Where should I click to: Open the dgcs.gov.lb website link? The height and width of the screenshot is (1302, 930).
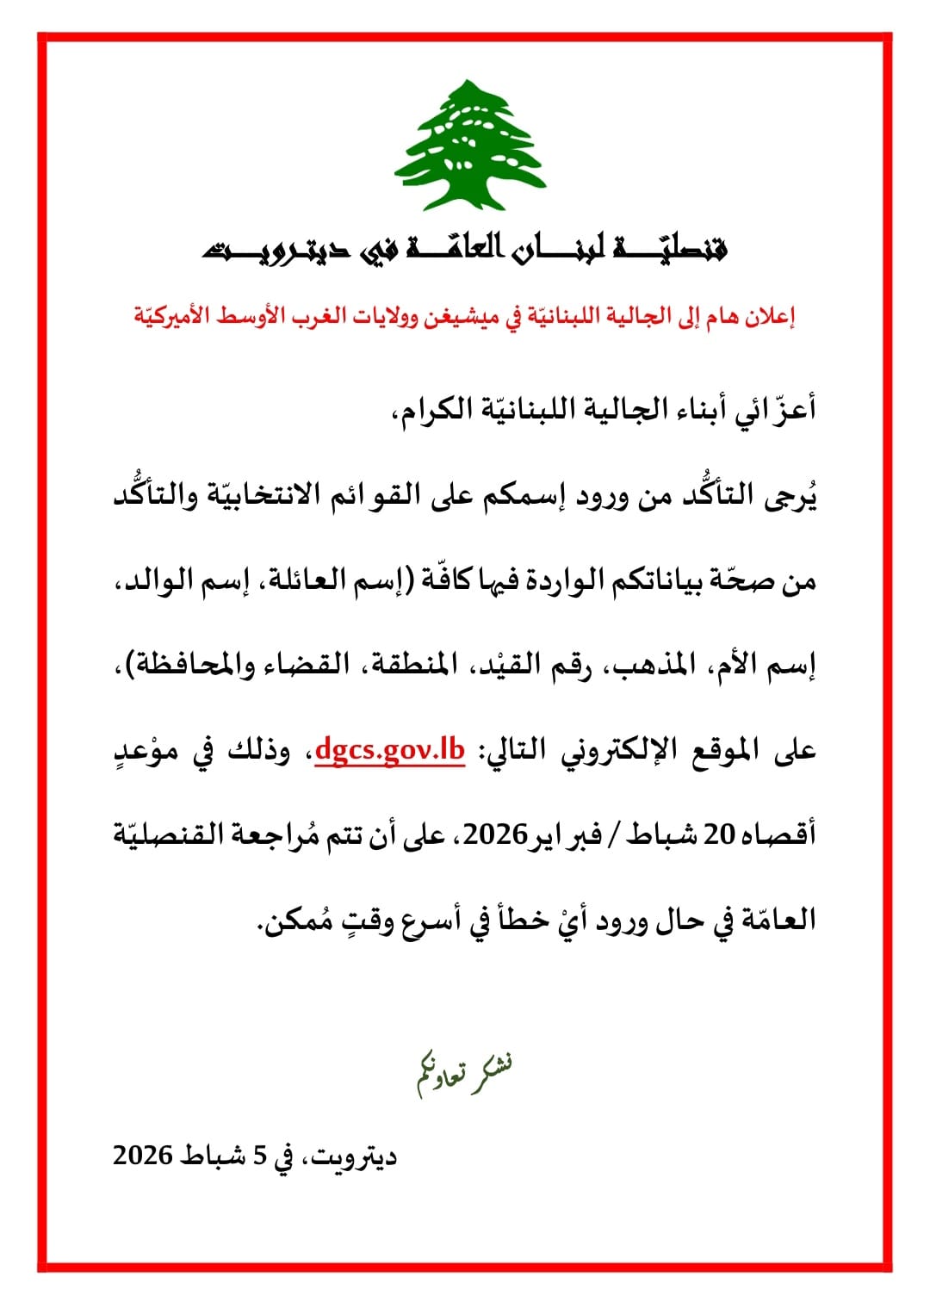click(x=390, y=750)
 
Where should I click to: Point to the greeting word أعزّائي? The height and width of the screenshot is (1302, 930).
click(x=776, y=408)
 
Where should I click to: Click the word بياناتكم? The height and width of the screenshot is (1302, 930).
click(x=658, y=581)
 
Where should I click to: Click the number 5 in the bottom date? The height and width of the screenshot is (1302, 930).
click(x=259, y=1155)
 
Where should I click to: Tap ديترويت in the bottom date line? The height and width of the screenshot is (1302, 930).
click(x=353, y=1155)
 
